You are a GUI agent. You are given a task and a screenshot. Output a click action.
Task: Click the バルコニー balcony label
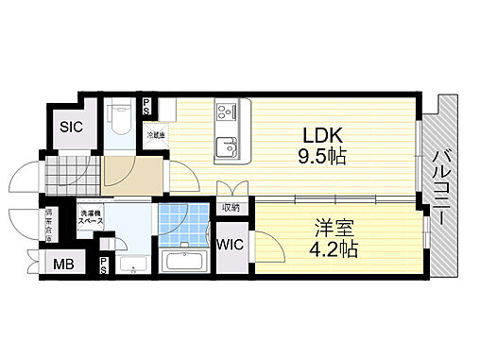pyautogui.click(x=439, y=186)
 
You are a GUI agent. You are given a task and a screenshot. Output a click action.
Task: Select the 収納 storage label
pyautogui.click(x=231, y=208)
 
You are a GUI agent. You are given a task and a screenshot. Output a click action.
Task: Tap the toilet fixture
pyautogui.click(x=121, y=118)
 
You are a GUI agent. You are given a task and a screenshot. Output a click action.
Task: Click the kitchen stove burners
pyautogui.click(x=228, y=111)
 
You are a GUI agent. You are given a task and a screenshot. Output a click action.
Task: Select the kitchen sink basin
pyautogui.click(x=228, y=146)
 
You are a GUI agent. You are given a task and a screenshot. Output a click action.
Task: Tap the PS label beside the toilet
pyautogui.click(x=146, y=106)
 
